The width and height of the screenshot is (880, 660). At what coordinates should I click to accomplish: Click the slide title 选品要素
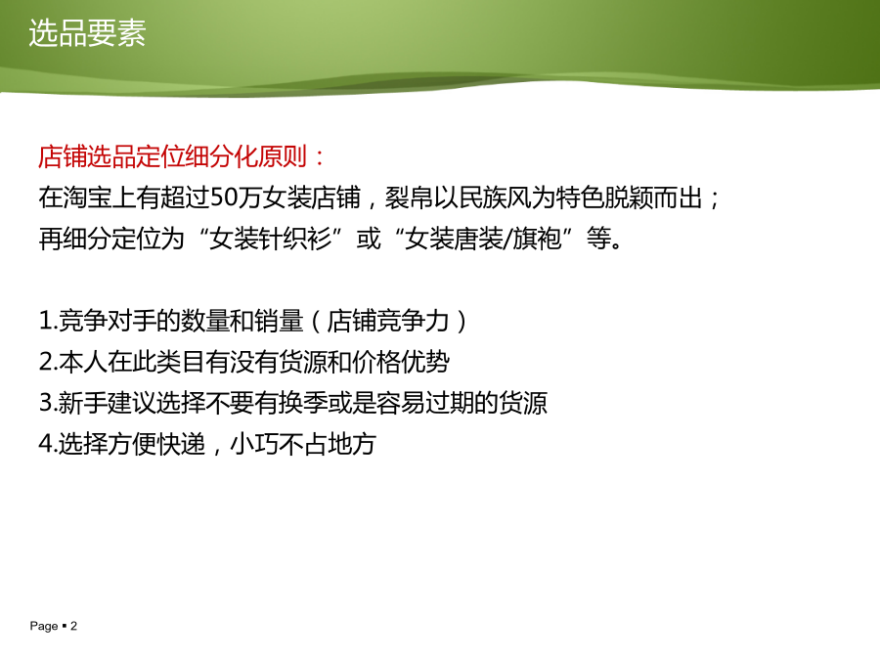pos(87,33)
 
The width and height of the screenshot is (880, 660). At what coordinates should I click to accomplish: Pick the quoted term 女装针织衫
pos(271,239)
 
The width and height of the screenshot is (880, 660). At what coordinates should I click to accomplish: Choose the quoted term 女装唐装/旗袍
pos(483,239)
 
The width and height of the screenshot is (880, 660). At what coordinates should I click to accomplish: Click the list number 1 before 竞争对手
pos(45,321)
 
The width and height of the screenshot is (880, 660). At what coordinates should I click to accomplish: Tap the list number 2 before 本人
pos(45,362)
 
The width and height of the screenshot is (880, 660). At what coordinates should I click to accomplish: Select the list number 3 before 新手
pos(45,403)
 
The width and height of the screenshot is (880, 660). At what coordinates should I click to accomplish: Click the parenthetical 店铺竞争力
pos(388,321)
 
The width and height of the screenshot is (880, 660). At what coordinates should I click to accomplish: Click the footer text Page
pos(44,627)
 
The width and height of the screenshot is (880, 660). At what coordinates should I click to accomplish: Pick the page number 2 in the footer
pos(73,626)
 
